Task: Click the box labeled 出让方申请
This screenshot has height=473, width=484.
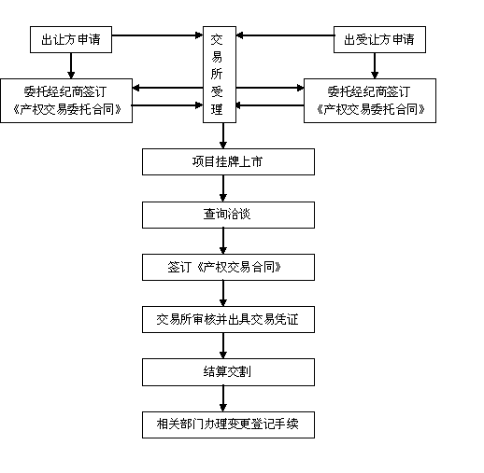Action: click(71, 39)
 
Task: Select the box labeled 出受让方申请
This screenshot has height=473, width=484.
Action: click(379, 39)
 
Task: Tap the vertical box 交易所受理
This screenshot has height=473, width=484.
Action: click(220, 75)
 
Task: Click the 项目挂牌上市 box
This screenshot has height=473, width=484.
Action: click(228, 161)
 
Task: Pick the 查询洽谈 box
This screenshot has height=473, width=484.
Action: click(228, 215)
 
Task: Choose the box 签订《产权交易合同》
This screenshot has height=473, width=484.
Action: click(228, 267)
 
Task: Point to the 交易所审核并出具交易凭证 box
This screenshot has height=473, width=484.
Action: click(228, 319)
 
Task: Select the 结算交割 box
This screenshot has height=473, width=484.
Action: click(228, 372)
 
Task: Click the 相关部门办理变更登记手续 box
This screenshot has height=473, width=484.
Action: click(228, 424)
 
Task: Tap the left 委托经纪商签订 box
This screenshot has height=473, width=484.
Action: click(66, 101)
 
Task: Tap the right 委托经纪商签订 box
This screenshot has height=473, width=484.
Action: click(370, 101)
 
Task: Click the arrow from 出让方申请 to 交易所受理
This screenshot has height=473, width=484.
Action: click(157, 35)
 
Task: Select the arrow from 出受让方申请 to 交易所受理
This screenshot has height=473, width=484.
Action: click(285, 35)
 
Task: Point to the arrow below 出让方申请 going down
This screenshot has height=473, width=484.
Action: click(71, 65)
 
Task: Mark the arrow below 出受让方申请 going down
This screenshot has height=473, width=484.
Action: click(375, 65)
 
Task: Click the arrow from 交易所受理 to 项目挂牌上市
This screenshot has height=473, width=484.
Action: click(223, 135)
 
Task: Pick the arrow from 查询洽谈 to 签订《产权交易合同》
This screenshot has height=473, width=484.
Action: click(223, 241)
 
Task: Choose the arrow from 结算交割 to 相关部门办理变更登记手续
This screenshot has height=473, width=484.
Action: click(223, 398)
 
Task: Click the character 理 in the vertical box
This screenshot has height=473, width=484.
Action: click(217, 109)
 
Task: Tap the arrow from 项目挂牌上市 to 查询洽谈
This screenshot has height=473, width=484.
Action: click(223, 188)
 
